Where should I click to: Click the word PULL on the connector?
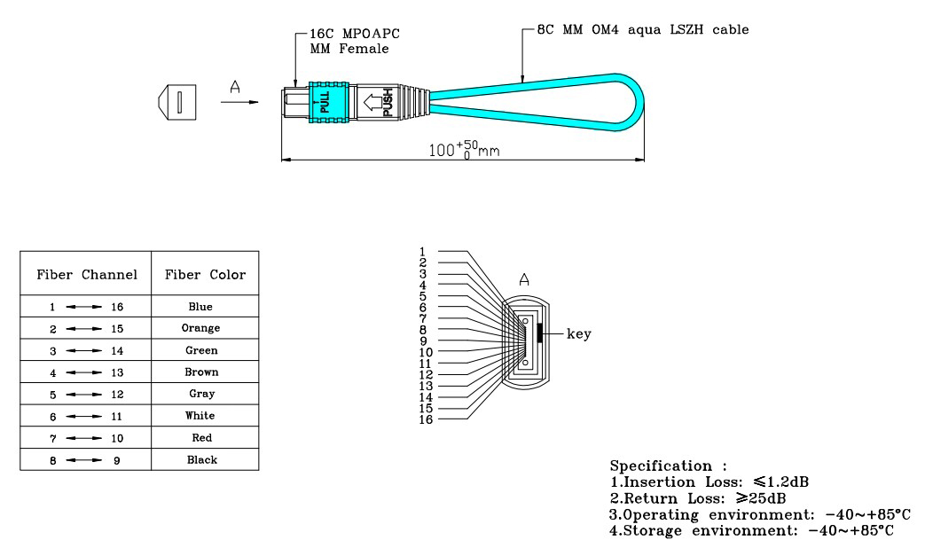click(325, 103)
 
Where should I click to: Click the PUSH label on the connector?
click(388, 103)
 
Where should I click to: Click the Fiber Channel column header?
click(86, 275)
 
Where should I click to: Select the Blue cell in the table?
click(200, 307)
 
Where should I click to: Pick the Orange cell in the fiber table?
click(200, 328)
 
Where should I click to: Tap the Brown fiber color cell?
click(200, 372)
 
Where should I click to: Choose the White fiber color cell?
click(200, 416)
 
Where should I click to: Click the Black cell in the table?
click(200, 459)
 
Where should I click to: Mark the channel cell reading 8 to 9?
click(86, 460)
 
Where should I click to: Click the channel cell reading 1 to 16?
click(86, 307)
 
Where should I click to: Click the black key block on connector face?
click(539, 333)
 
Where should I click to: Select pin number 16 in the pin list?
click(427, 419)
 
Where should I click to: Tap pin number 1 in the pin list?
click(425, 252)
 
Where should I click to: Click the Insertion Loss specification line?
click(709, 482)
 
